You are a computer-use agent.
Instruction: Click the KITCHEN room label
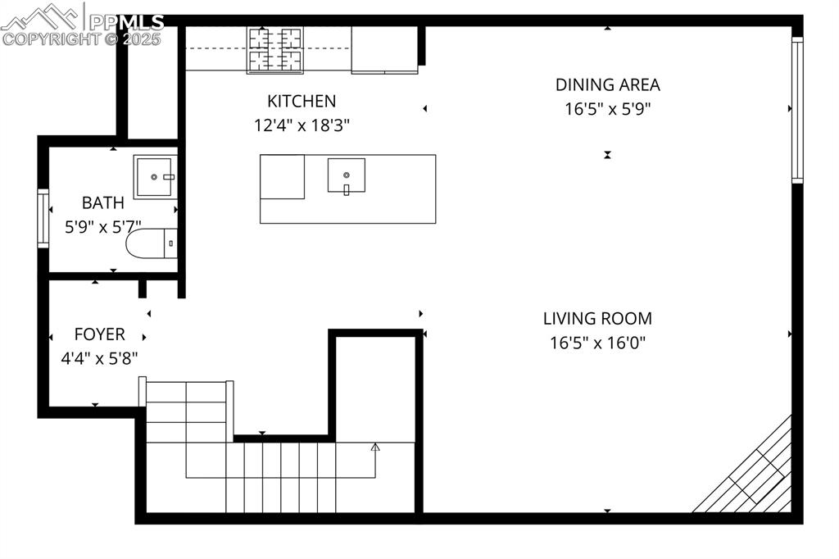302,102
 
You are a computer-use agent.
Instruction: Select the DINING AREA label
607,84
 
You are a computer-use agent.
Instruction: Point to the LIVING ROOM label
597,319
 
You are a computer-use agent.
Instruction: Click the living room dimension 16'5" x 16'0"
597,343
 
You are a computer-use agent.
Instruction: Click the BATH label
103,202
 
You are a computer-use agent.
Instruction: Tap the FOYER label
99,334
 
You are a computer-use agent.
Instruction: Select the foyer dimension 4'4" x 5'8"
99,358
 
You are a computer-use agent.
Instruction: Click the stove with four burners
275,49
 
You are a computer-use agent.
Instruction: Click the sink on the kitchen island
347,175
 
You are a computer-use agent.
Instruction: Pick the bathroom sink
155,176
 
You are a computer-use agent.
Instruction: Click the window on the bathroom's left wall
43,218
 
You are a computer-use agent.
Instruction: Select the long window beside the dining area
796,108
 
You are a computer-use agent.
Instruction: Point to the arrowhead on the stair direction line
375,447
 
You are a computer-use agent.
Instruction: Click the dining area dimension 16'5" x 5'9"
607,108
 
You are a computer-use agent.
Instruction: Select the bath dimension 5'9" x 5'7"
103,226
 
